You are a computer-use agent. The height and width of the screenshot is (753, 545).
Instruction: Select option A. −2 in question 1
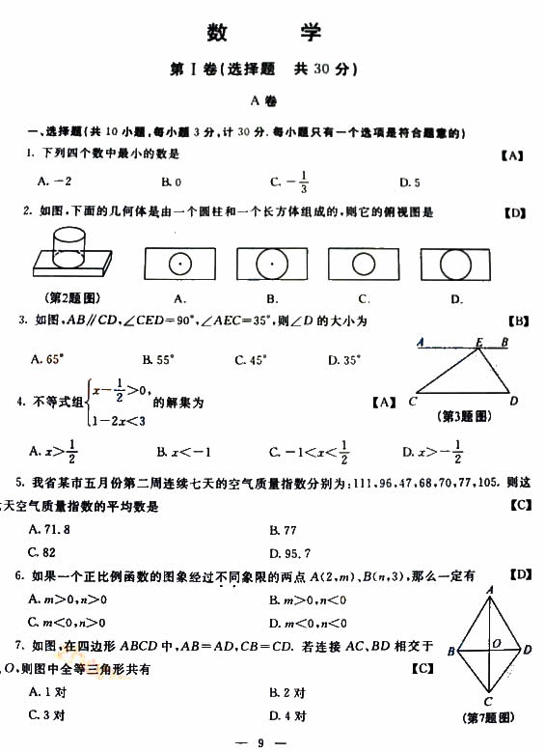pos(55,181)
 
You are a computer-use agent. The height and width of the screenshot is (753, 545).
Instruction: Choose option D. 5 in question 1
pos(409,181)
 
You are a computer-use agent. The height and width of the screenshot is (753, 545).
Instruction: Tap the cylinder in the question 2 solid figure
pos(70,246)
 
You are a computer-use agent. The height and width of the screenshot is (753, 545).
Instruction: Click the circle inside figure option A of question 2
pos(179,263)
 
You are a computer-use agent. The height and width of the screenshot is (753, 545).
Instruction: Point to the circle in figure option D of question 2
pos(456,263)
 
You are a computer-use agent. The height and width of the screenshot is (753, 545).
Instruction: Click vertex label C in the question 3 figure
pos(412,401)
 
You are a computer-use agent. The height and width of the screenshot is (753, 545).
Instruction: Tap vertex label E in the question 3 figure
pos(478,342)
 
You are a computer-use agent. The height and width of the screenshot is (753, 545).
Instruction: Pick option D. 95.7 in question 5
pos(289,553)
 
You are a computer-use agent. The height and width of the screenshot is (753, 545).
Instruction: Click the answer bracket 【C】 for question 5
pos(519,505)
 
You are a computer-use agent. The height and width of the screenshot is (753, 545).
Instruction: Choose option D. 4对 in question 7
pos(287,715)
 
